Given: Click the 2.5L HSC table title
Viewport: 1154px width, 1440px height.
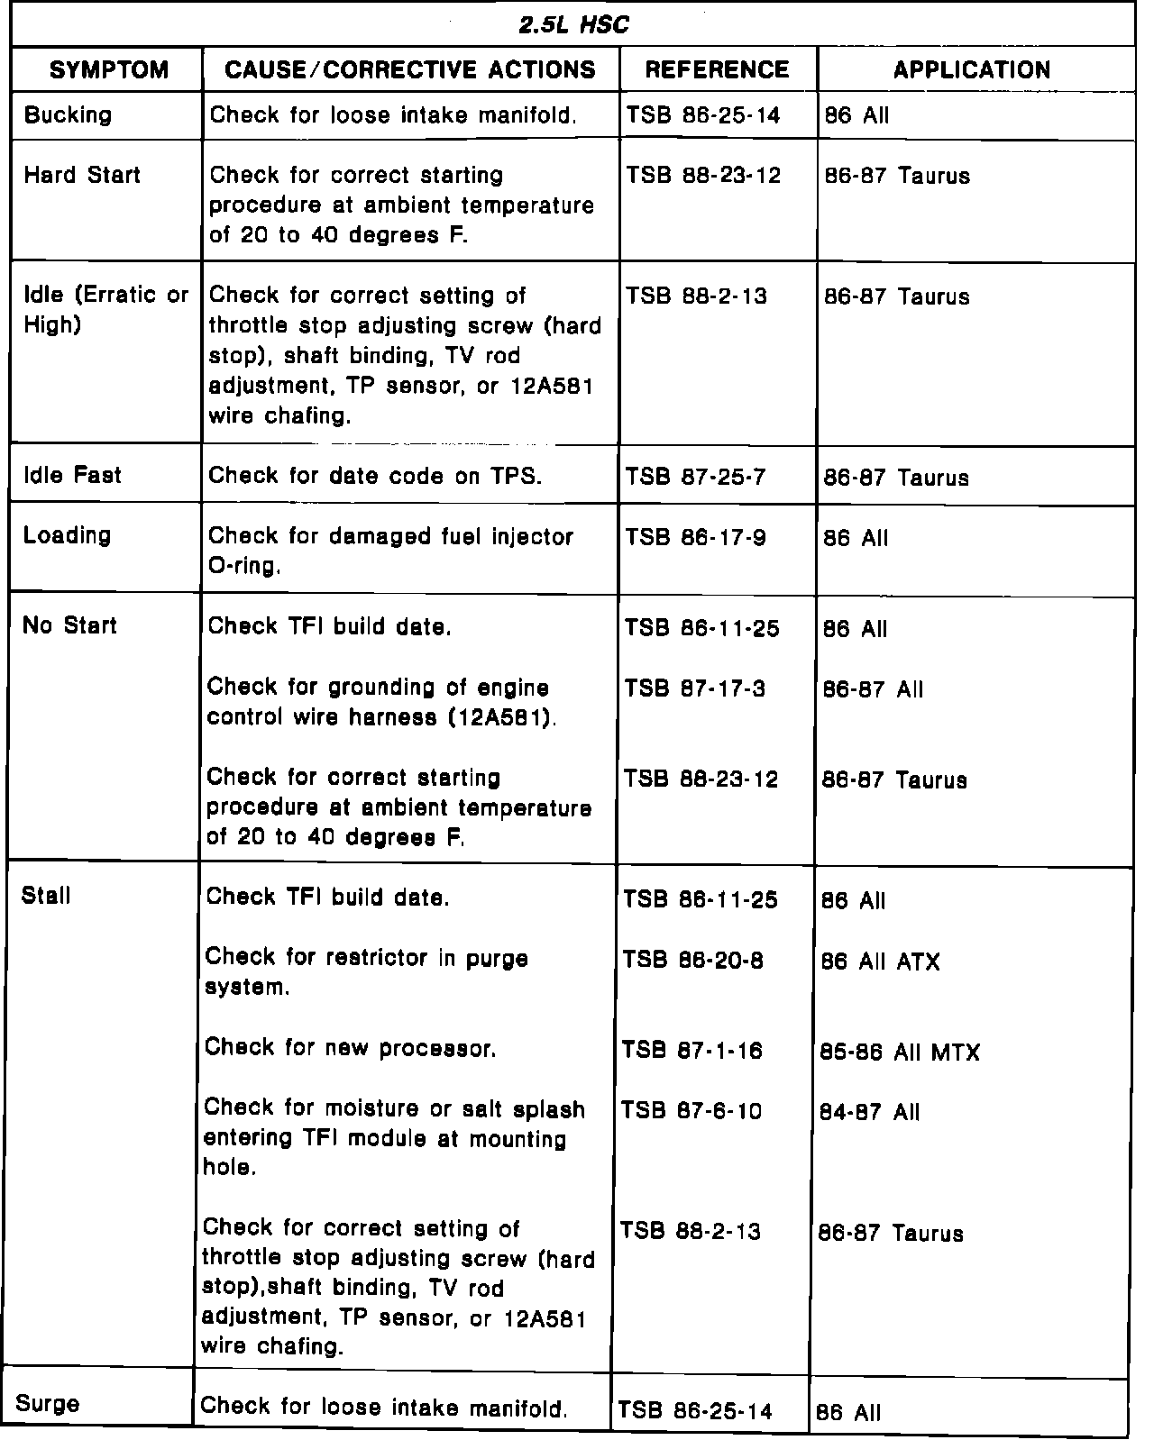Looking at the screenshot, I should (573, 25).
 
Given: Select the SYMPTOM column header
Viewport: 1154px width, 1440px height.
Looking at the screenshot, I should (108, 70).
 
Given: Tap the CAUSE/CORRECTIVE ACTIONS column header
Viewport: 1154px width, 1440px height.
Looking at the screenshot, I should (410, 70).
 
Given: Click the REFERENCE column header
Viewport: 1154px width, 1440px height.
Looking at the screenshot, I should (718, 70).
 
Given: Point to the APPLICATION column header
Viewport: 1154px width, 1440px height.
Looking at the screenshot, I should (972, 70).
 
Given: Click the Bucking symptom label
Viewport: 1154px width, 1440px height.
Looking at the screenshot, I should (69, 115).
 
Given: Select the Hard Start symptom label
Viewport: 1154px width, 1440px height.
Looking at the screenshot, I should (82, 175).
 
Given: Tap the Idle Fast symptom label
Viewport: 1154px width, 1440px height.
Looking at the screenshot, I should (72, 476).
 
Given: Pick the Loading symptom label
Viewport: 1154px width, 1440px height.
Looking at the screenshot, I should (68, 535).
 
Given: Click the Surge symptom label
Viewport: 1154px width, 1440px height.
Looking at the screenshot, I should (48, 1403).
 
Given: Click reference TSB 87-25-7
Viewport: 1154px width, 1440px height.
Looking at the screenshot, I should (695, 477).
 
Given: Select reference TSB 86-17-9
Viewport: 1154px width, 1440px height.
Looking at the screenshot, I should (695, 537).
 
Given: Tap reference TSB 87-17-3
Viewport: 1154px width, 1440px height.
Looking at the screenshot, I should (694, 689).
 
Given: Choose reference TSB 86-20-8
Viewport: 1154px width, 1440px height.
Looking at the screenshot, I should (692, 961).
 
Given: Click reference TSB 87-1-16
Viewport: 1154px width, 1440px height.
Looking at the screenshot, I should (691, 1051).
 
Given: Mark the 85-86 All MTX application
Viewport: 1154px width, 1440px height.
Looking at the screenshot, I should (900, 1052).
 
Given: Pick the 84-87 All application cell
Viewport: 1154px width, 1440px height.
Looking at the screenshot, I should (870, 1112).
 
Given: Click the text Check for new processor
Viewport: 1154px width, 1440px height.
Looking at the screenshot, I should (351, 1048).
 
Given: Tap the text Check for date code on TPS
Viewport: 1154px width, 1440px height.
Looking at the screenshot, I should (375, 476).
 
